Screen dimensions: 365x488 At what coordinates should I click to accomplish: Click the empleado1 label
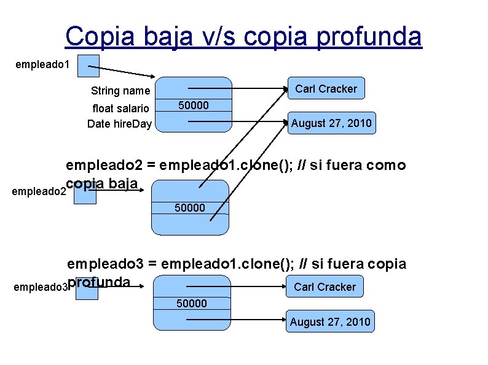pyautogui.click(x=41, y=63)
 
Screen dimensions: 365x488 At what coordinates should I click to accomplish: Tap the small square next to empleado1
pyautogui.click(x=88, y=66)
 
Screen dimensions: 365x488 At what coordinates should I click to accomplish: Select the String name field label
pyautogui.click(x=120, y=91)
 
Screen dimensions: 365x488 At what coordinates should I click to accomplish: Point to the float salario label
pyautogui.click(x=120, y=109)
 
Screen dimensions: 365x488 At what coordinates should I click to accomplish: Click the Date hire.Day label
pyautogui.click(x=119, y=124)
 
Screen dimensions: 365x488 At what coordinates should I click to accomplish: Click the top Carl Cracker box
pyautogui.click(x=326, y=89)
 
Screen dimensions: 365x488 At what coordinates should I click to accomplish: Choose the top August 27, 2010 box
pyautogui.click(x=331, y=123)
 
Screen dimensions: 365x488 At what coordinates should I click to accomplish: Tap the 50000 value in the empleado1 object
pyautogui.click(x=194, y=106)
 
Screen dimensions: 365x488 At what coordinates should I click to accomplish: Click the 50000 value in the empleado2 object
pyautogui.click(x=190, y=208)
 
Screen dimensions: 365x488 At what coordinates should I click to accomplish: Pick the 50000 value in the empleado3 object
pyautogui.click(x=192, y=303)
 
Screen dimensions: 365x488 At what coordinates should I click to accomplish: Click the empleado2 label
pyautogui.click(x=37, y=192)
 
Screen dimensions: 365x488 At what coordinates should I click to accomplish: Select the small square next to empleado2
pyautogui.click(x=86, y=193)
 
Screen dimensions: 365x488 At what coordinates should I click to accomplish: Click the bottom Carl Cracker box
pyautogui.click(x=325, y=286)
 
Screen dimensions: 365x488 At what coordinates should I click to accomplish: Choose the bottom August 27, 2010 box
pyautogui.click(x=330, y=321)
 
